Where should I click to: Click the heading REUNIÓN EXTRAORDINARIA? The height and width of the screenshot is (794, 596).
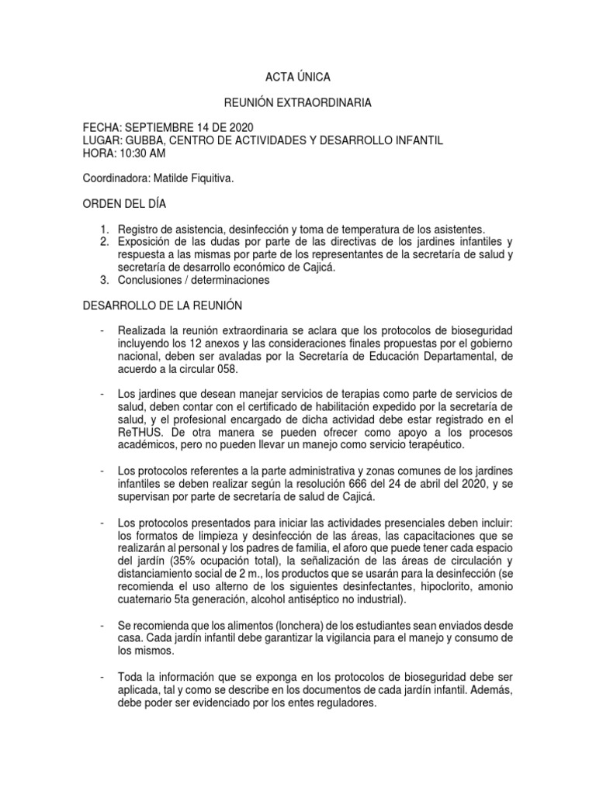[297, 102]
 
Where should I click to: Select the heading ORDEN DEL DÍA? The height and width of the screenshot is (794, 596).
[124, 204]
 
